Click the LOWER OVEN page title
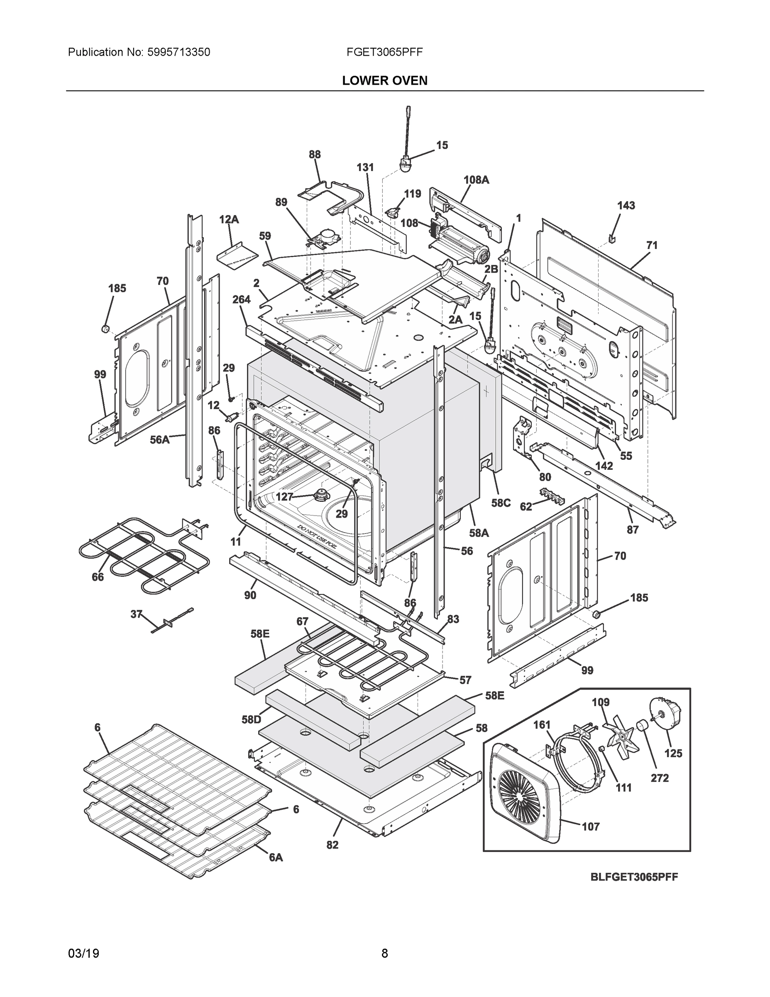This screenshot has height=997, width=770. [384, 81]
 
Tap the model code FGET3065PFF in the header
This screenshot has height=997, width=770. [384, 52]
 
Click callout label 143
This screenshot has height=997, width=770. [626, 206]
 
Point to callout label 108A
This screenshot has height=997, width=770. [476, 180]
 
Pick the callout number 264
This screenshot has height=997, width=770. [241, 300]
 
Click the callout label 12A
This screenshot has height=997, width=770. [229, 220]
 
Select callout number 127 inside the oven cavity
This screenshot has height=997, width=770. [284, 497]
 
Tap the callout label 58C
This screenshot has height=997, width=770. [501, 503]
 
